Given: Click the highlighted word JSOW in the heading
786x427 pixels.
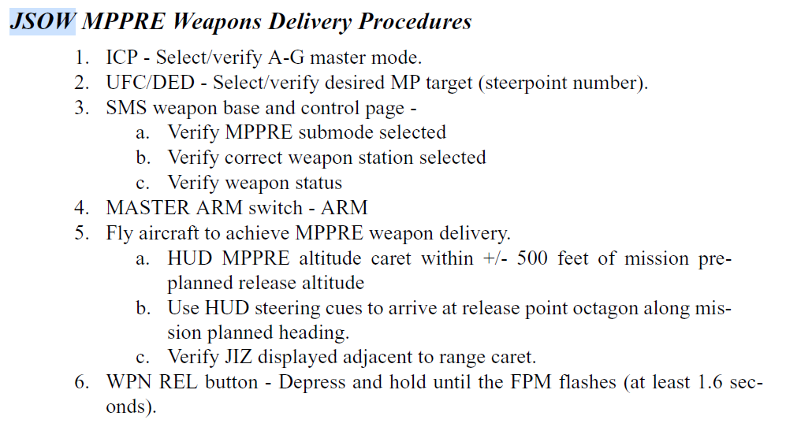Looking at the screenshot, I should tap(43, 21).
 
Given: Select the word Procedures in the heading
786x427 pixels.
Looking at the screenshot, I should tap(415, 21).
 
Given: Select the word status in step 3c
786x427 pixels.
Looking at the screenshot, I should tap(315, 184).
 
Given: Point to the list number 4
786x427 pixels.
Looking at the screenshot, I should tap(81, 209).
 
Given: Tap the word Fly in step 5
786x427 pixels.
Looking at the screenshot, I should tap(119, 234).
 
